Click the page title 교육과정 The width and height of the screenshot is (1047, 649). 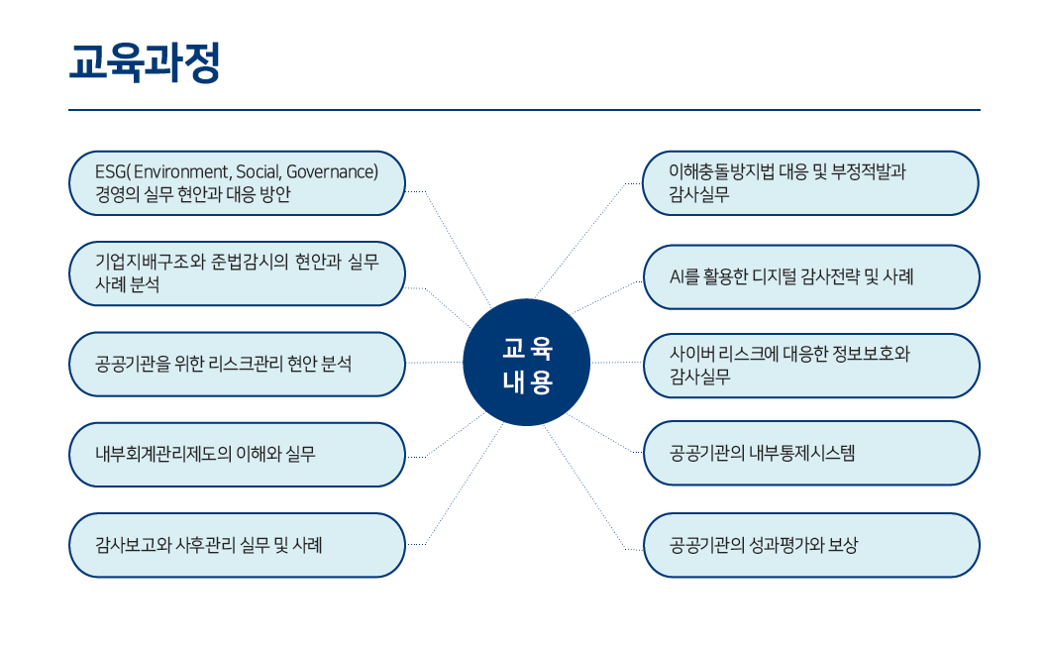click(x=145, y=61)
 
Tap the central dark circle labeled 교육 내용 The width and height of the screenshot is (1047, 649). click(x=527, y=363)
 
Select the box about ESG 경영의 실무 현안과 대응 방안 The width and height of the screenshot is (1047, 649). click(x=237, y=183)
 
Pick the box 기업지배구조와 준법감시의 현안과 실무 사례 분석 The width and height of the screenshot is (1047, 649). click(x=237, y=272)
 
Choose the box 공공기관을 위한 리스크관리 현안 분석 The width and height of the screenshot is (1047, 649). click(x=237, y=364)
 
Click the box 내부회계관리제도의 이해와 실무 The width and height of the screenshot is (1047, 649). click(x=237, y=455)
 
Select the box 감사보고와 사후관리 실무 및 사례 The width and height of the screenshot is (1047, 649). click(x=237, y=545)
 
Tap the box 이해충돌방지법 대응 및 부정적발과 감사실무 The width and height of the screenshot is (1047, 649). click(x=810, y=183)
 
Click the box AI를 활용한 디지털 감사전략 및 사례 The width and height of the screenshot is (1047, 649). click(x=810, y=276)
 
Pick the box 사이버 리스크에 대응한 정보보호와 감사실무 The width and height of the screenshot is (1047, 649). click(x=810, y=365)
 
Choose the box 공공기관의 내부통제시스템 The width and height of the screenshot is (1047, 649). click(x=810, y=454)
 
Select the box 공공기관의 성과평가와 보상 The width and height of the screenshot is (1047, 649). click(x=810, y=545)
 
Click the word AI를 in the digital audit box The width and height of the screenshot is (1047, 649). click(x=685, y=276)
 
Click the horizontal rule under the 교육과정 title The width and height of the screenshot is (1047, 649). click(x=524, y=110)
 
